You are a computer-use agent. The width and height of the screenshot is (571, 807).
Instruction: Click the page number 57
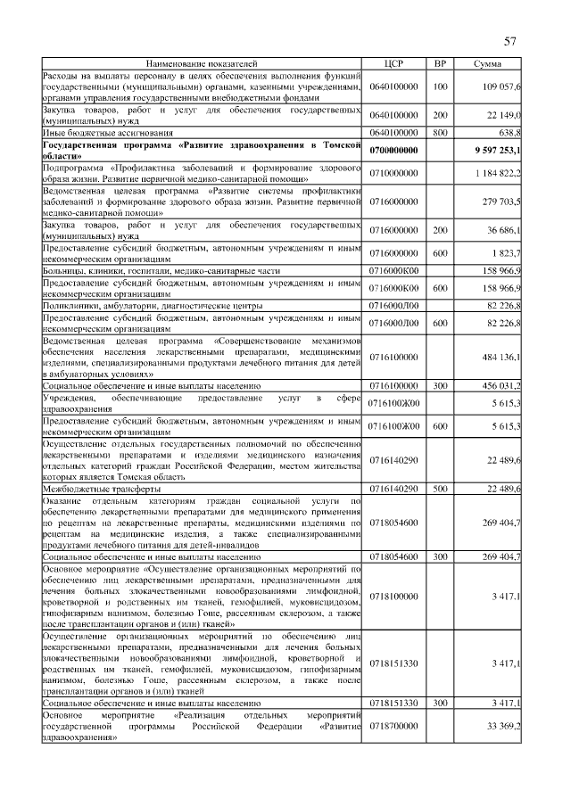click(510, 41)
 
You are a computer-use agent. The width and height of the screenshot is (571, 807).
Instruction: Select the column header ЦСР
click(393, 65)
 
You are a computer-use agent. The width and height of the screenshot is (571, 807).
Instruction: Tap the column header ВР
click(439, 65)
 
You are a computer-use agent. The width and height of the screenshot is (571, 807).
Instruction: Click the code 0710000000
click(393, 172)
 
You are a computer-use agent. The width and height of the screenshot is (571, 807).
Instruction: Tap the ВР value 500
click(439, 490)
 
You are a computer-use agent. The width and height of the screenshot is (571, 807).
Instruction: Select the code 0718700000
click(393, 728)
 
